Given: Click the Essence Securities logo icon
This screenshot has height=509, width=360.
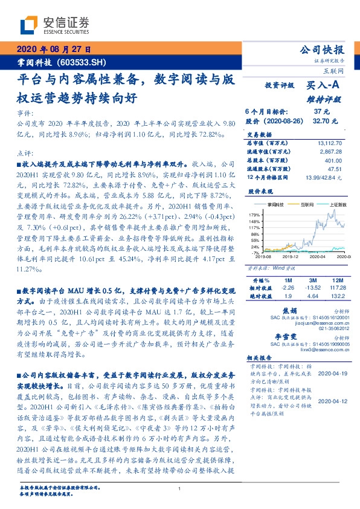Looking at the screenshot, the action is (x=30, y=25).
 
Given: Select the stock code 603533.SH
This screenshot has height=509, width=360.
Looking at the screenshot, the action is (x=85, y=62).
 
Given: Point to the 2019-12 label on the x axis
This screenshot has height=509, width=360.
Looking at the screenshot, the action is (x=288, y=257).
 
